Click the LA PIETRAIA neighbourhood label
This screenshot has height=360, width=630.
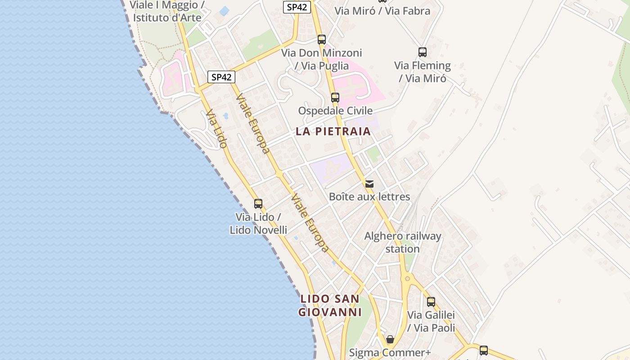(333, 131)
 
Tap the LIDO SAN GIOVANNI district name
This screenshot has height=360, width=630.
(330, 306)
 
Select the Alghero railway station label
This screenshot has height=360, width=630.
(402, 243)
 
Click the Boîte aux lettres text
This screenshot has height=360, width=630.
(369, 197)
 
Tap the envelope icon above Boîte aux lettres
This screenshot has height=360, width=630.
(369, 184)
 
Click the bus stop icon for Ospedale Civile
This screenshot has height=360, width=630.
(335, 97)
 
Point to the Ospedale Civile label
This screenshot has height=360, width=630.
(335, 111)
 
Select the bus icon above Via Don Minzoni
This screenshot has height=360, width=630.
(321, 39)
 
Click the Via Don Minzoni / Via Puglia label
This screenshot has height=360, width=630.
(321, 59)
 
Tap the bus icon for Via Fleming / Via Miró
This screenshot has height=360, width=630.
(422, 52)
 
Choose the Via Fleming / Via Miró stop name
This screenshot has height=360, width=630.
(423, 72)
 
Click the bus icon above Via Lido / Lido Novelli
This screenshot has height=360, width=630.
(258, 203)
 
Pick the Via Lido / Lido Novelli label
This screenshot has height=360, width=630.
(258, 224)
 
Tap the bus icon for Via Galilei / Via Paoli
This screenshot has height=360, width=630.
(431, 301)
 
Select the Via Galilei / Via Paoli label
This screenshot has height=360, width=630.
(431, 321)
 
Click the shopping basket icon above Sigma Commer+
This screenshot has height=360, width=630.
(390, 339)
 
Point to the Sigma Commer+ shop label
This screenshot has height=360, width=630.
(390, 353)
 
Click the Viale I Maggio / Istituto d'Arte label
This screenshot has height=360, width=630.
(167, 12)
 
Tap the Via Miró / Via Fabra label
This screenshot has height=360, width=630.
(382, 11)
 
